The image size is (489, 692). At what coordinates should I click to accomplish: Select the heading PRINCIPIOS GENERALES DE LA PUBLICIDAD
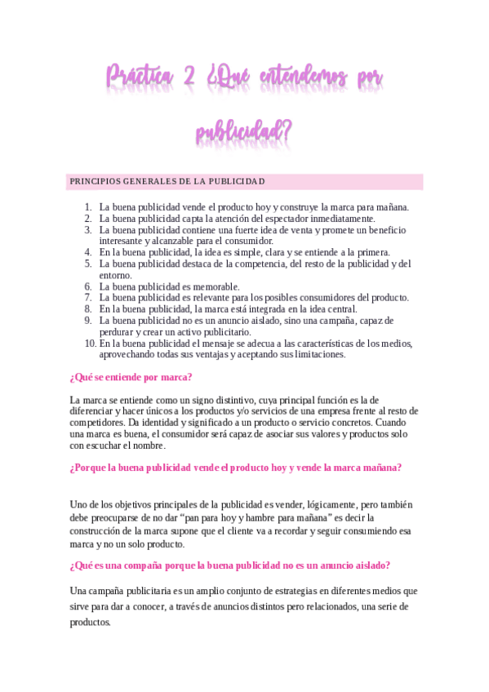point(167,181)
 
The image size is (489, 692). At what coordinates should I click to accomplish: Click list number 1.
point(88,207)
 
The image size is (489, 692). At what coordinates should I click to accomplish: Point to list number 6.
point(88,287)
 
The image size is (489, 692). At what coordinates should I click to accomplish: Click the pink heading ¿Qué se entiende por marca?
point(131,377)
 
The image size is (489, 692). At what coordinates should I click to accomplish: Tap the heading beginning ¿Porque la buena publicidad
point(236,468)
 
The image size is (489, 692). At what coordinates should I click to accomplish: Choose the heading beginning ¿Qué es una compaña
point(229,565)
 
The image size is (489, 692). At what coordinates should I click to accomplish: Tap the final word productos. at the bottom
point(90,622)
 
